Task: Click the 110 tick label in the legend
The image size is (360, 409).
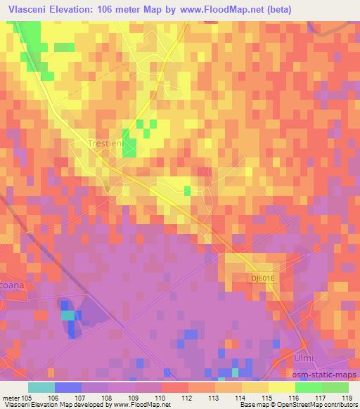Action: [x=161, y=397]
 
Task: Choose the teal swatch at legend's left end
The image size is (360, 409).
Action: [x=41, y=387]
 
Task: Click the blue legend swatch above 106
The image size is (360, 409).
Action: [x=68, y=387]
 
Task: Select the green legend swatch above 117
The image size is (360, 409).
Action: [x=308, y=387]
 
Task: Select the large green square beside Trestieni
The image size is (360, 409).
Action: [x=129, y=148]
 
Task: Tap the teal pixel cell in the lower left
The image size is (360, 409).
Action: [x=67, y=315]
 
